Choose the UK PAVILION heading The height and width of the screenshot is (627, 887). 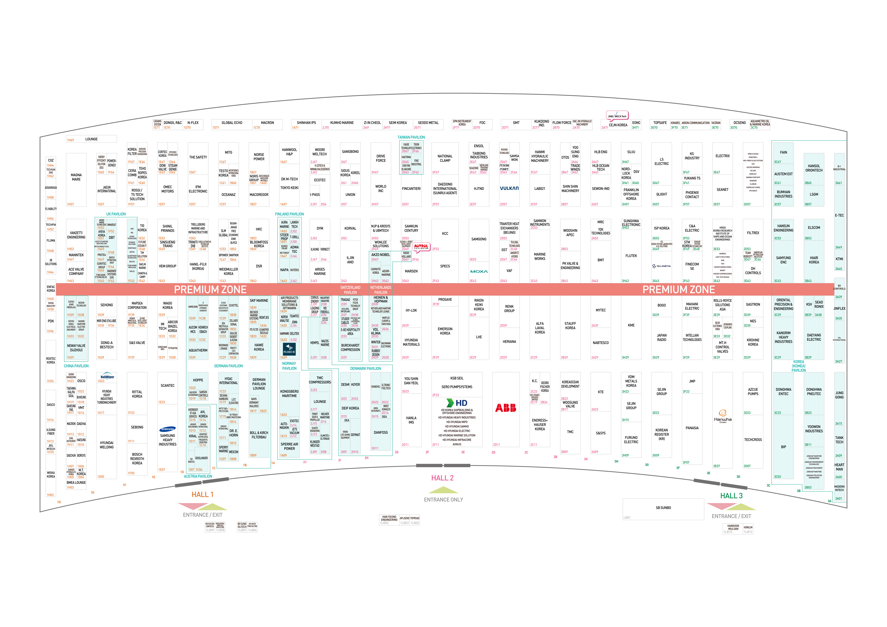tap(116, 214)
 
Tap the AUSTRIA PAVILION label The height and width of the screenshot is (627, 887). tap(198, 476)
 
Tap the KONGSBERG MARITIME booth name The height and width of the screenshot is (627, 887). tap(289, 394)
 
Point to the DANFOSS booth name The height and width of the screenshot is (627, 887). tap(381, 433)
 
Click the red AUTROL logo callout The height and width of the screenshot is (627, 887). tap(421, 247)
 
